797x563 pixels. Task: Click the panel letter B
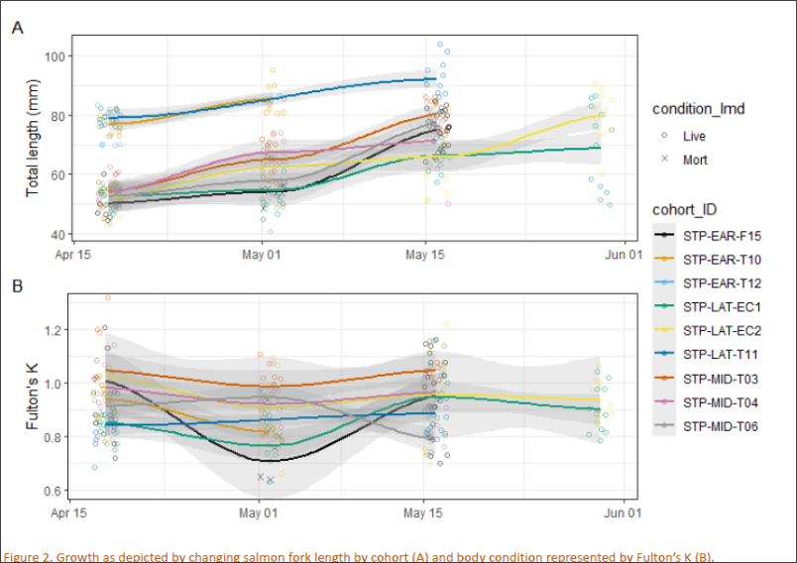pos(17,285)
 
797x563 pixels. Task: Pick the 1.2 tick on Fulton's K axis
pos(56,330)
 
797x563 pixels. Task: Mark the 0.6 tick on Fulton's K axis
pos(56,491)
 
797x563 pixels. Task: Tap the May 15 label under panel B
pos(424,514)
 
